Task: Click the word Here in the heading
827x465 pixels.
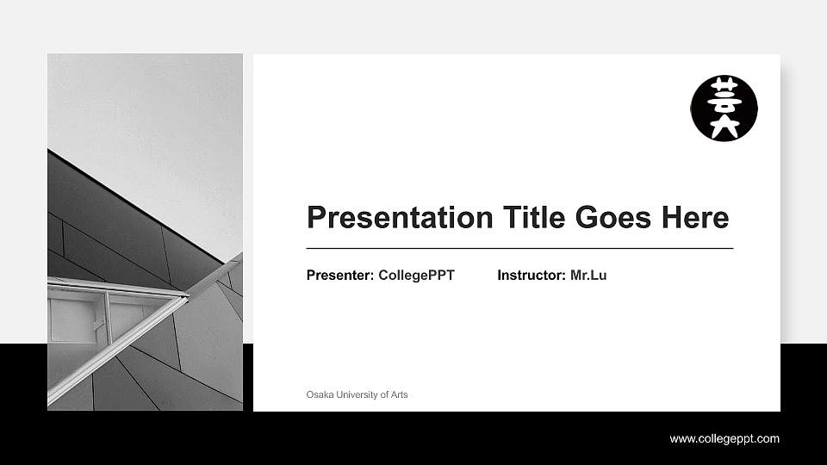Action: click(695, 217)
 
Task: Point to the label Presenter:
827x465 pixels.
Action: click(339, 276)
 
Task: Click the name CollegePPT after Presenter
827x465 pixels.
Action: click(416, 276)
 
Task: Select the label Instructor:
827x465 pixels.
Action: click(532, 276)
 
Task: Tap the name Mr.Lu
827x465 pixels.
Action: click(588, 276)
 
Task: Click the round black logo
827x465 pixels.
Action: click(724, 108)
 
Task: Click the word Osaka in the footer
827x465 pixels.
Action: click(320, 394)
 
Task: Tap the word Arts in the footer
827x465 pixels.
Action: click(399, 394)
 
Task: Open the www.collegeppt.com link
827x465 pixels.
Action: click(724, 439)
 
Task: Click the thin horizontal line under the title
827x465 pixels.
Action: click(519, 248)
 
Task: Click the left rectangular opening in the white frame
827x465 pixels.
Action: click(76, 318)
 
